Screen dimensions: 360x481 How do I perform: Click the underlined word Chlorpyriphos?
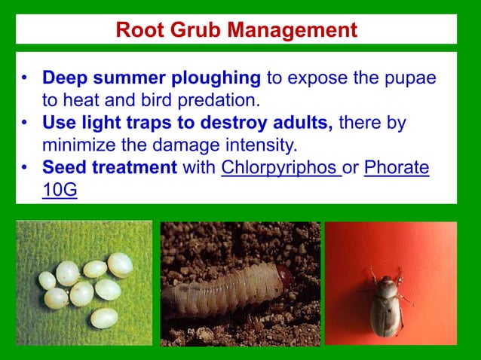[280, 167]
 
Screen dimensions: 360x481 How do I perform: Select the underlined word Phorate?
[397, 167]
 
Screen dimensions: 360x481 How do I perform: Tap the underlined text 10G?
[60, 189]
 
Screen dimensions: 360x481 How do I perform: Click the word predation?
[221, 99]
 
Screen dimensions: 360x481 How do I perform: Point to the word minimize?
[79, 144]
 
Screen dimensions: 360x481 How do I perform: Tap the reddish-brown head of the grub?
[282, 276]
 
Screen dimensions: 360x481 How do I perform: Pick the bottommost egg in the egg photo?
[103, 318]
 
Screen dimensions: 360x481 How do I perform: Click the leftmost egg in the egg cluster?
[47, 280]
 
